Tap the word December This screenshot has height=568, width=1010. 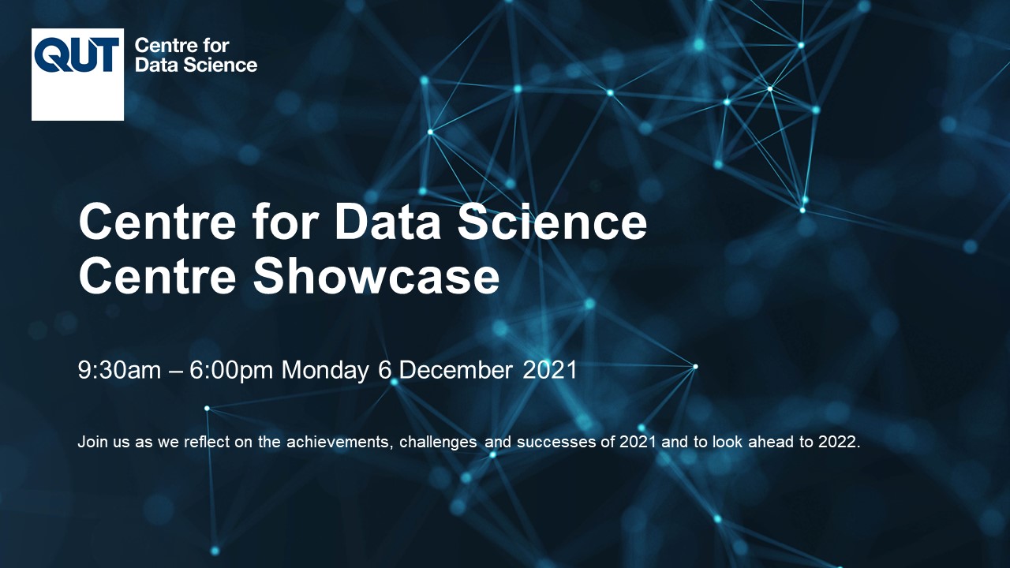pyautogui.click(x=455, y=370)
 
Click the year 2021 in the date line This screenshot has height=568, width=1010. pyautogui.click(x=550, y=370)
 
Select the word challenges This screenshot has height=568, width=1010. pyautogui.click(x=438, y=443)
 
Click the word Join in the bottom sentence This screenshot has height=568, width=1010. pyautogui.click(x=92, y=442)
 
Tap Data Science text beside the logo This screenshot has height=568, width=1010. pyautogui.click(x=196, y=65)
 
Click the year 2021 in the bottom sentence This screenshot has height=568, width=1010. pyautogui.click(x=638, y=442)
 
